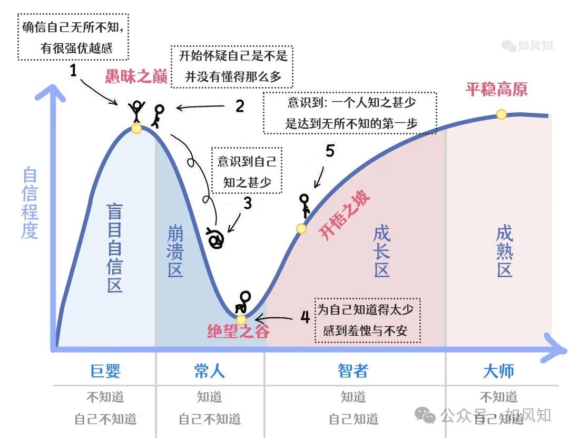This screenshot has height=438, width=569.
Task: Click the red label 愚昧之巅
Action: click(136, 77)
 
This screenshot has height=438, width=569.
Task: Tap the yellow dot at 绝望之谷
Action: click(241, 319)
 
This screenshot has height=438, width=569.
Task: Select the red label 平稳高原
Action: click(496, 89)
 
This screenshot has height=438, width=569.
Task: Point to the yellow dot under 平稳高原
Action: click(502, 114)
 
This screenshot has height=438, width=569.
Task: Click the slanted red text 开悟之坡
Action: click(345, 216)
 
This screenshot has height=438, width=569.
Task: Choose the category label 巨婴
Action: click(105, 371)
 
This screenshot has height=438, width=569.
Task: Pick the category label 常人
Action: click(210, 371)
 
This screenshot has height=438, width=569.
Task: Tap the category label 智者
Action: click(353, 371)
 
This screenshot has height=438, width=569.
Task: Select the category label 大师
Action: click(498, 371)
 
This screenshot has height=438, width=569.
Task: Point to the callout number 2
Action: click(240, 106)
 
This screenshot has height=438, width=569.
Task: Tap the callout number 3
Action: click(247, 203)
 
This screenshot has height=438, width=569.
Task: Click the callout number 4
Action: click(305, 317)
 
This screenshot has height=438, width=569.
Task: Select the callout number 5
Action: click(330, 151)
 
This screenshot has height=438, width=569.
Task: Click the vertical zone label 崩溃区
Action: click(175, 251)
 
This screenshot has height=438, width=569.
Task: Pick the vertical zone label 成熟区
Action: click(504, 251)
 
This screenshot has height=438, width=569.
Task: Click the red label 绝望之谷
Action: click(238, 332)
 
